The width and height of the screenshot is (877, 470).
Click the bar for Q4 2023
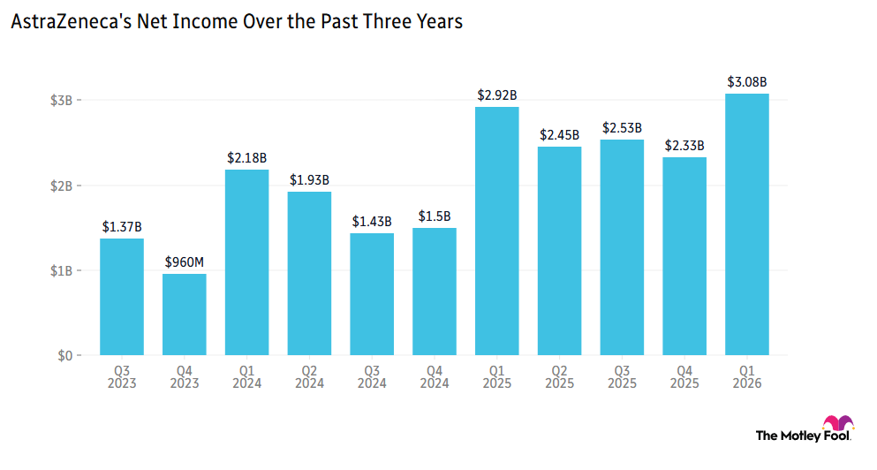point(184,315)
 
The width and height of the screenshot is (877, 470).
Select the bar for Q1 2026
point(746,224)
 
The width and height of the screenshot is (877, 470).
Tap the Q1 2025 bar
point(496,231)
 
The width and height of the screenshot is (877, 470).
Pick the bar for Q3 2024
point(372,294)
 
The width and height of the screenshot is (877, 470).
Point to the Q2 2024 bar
point(309,274)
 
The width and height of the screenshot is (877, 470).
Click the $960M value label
point(184,262)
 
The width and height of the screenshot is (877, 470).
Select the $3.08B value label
point(746,82)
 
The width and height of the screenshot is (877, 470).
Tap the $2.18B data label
point(246,158)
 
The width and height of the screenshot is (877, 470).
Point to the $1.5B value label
point(435,216)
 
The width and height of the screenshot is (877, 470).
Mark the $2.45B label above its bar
point(559,135)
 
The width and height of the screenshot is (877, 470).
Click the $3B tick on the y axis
point(62,101)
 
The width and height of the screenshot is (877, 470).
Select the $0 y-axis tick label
point(64,356)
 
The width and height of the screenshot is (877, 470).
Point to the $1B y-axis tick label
point(62,271)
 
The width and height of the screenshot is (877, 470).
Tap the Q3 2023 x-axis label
point(122,377)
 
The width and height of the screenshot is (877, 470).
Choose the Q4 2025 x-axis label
point(684,377)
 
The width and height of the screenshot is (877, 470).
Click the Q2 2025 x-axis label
point(559,377)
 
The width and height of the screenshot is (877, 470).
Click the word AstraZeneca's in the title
point(72,22)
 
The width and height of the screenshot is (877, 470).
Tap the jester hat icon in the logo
point(838,422)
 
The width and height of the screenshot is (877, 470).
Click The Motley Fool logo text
point(803,436)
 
